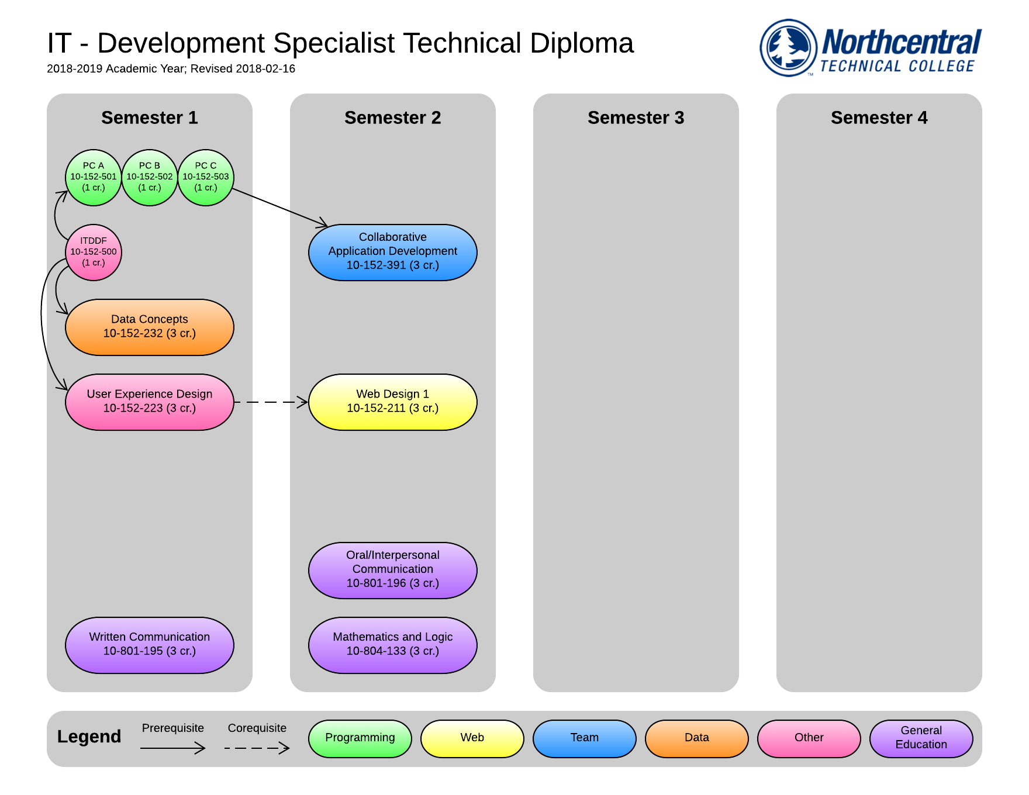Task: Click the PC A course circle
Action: pyautogui.click(x=94, y=177)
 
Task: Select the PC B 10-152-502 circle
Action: pyautogui.click(x=150, y=177)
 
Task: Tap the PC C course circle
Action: pyautogui.click(x=206, y=177)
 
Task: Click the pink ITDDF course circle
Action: pyautogui.click(x=94, y=252)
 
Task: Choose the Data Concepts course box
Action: pyautogui.click(x=150, y=327)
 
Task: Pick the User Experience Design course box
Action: pyautogui.click(x=150, y=402)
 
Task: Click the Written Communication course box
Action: pyautogui.click(x=150, y=645)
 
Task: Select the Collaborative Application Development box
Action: pyautogui.click(x=393, y=252)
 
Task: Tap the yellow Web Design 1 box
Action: pyautogui.click(x=393, y=402)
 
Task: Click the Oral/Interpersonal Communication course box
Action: pyautogui.click(x=393, y=570)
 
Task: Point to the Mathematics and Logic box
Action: pyautogui.click(x=393, y=645)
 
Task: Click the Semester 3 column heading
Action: pyautogui.click(x=636, y=117)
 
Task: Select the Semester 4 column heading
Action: pyautogui.click(x=879, y=117)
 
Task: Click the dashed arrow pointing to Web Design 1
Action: pyautogui.click(x=270, y=402)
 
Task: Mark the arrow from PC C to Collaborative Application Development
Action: pyautogui.click(x=279, y=207)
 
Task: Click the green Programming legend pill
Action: pyautogui.click(x=360, y=738)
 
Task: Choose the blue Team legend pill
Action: pyautogui.click(x=585, y=738)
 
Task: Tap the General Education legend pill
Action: pyautogui.click(x=921, y=738)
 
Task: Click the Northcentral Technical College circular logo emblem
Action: pyautogui.click(x=788, y=48)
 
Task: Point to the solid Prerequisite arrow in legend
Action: pyautogui.click(x=172, y=748)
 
